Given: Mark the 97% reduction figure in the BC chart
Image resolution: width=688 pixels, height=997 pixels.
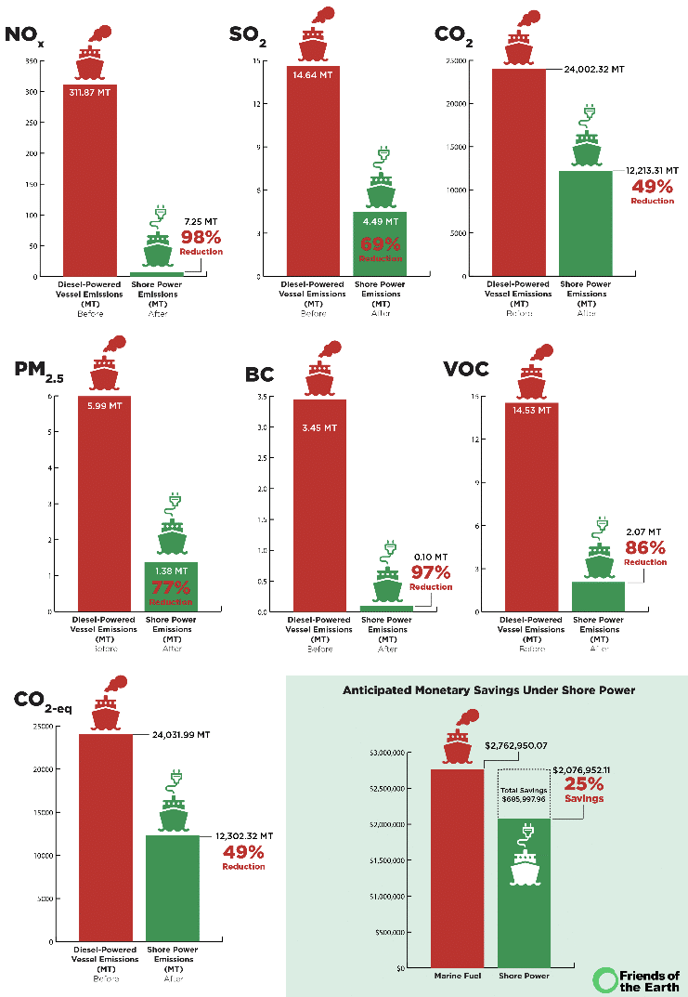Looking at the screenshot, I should click(x=430, y=572).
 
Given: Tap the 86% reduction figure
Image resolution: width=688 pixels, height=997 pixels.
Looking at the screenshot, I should click(x=645, y=547).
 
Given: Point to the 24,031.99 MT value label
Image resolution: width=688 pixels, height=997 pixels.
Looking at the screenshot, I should click(x=180, y=734).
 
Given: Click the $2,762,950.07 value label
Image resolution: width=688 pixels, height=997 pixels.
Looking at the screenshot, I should click(x=529, y=745).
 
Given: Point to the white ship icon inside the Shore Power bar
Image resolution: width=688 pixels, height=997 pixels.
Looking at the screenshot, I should click(x=525, y=869).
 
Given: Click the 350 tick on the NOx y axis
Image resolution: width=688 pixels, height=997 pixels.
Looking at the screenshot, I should click(x=31, y=61).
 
